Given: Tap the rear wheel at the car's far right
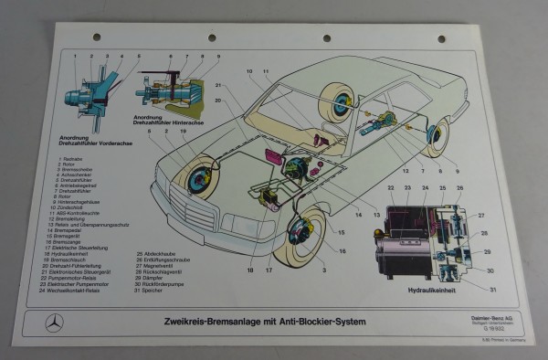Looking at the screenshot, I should (438, 137).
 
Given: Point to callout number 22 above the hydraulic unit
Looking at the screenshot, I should (392, 188).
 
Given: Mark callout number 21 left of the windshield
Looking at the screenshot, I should (218, 86).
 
